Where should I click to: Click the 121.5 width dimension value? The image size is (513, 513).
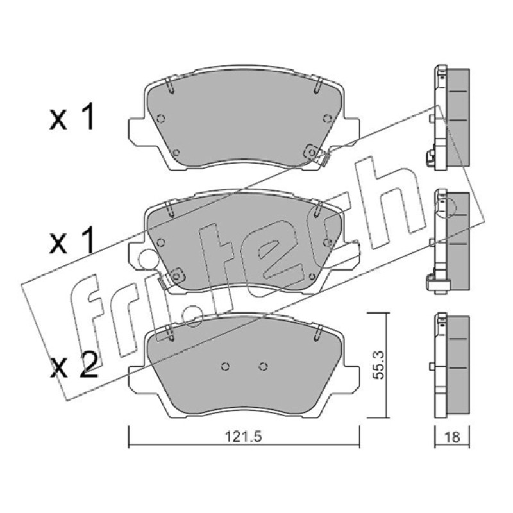[243, 436]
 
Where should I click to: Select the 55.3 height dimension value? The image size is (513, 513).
[379, 365]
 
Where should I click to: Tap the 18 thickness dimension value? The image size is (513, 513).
[453, 437]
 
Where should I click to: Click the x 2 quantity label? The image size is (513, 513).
[74, 366]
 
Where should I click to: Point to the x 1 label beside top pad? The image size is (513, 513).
[72, 117]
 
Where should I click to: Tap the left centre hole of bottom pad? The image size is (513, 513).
[225, 366]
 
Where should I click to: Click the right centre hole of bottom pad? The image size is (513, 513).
[263, 366]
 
